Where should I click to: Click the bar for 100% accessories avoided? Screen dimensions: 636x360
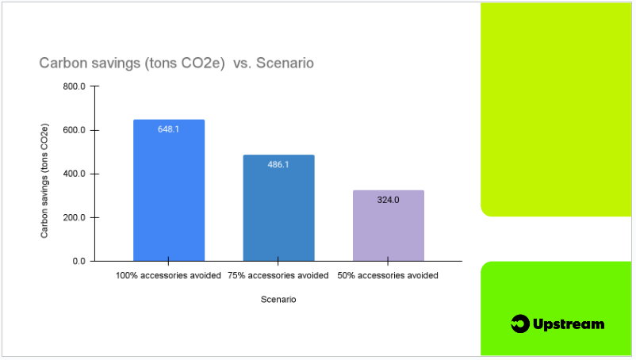[169, 190]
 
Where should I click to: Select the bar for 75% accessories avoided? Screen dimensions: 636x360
[278, 208]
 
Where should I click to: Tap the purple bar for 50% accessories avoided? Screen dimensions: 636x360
[389, 225]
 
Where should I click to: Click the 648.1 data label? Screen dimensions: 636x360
[168, 129]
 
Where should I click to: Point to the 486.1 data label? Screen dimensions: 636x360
[278, 165]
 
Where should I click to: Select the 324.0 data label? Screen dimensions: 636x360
[388, 200]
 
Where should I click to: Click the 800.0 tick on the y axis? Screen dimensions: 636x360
[75, 86]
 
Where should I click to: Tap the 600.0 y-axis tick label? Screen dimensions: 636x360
[75, 130]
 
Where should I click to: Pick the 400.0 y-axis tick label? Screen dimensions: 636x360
[75, 174]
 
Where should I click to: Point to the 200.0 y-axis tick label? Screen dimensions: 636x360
[75, 218]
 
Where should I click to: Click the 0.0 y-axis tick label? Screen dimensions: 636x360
[79, 262]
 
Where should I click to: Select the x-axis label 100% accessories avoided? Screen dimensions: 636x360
[168, 276]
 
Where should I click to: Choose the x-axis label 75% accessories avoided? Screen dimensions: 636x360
[278, 276]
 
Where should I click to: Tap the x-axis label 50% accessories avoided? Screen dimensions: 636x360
[388, 276]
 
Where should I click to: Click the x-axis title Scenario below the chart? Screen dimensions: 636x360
[278, 300]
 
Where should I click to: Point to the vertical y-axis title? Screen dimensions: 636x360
[44, 181]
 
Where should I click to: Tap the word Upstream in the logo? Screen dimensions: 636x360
[569, 324]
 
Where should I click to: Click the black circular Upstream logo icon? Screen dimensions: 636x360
[520, 324]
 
